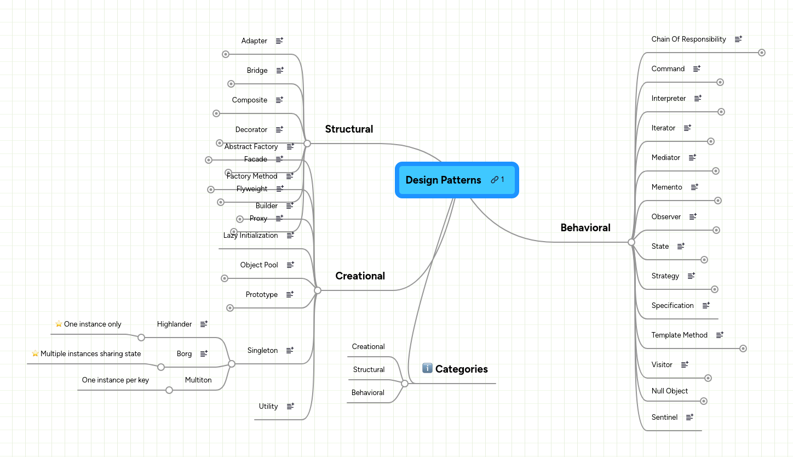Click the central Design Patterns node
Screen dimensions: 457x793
pos(443,180)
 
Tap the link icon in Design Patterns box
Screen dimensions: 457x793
pos(495,180)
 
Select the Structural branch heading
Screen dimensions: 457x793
pos(349,129)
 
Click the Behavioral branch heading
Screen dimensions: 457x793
pos(585,228)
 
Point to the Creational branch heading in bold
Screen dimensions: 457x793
pos(360,276)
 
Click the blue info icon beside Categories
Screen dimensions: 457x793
pos(428,368)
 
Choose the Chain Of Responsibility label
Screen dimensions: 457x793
pos(688,39)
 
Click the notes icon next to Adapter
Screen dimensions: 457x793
pos(279,41)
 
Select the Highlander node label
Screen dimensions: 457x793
pos(174,324)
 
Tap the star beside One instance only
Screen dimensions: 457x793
pos(59,324)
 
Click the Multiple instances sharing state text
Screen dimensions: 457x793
pos(90,354)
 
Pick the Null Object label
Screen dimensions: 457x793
pos(669,391)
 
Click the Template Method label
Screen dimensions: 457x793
pos(679,335)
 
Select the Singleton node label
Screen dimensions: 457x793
pos(262,351)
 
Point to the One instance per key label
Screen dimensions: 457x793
pos(115,380)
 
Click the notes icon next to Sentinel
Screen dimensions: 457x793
pos(689,417)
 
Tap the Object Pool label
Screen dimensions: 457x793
pos(259,265)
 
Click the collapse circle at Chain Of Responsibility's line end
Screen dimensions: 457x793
pos(761,53)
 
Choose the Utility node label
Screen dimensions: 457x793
pos(268,407)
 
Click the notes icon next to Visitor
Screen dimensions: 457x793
pos(684,364)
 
